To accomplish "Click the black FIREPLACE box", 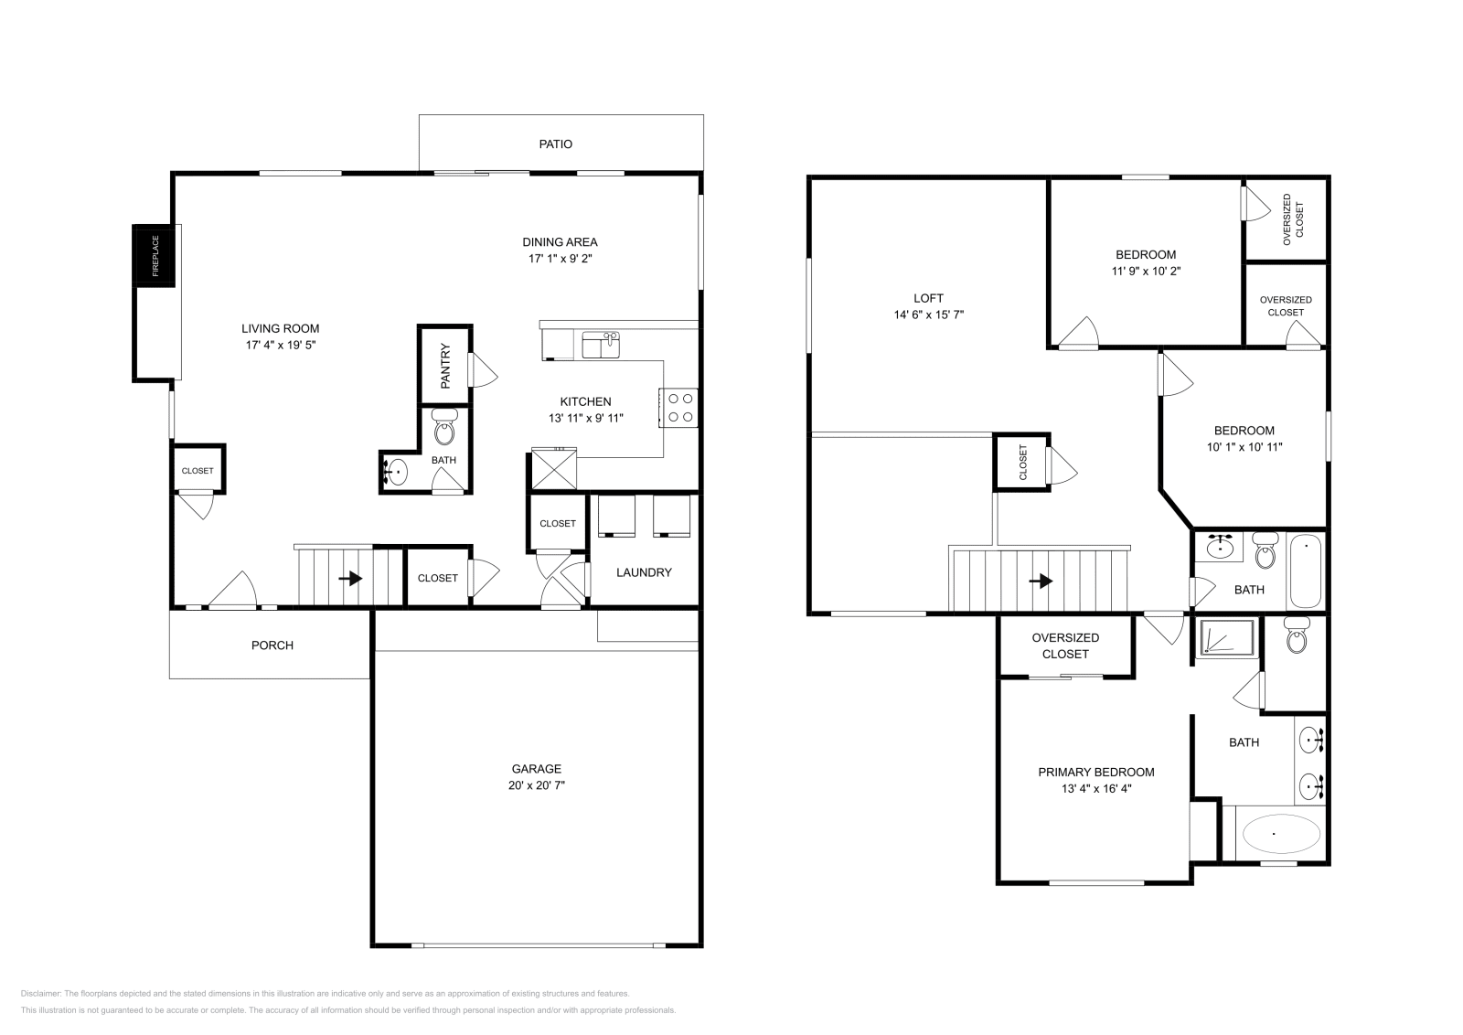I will point(155,256).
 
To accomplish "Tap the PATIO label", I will point(555,144).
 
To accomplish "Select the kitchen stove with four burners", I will point(678,408).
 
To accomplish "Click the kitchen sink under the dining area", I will point(601,347).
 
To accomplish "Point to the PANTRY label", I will point(446,367).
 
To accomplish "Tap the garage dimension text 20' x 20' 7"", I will point(537,785).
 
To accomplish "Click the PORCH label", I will point(272,646).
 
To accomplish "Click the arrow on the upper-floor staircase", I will point(1041,581).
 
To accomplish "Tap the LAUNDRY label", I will point(644,572).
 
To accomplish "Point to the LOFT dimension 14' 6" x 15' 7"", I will point(929,315).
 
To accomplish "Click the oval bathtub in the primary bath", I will point(1273,834).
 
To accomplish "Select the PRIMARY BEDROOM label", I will point(1095,772).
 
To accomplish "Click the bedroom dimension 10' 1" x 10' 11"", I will point(1244,447).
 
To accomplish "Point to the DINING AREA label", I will point(560,242).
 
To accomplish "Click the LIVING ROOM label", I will point(281,329).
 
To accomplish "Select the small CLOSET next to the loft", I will point(1022,463).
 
